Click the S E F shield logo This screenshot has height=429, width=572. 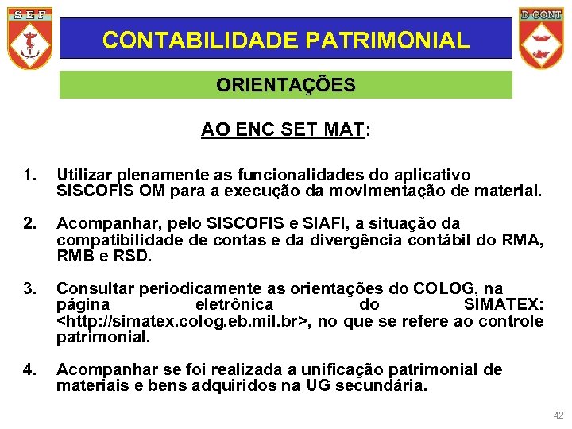pos(29,38)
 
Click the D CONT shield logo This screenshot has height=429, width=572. pos(541,38)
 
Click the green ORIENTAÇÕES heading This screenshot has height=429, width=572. pos(286,85)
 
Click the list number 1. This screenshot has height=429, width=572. pos(29,175)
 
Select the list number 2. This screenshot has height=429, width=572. pos(29,223)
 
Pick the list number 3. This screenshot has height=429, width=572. pos(29,288)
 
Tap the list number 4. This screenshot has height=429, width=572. pos(29,369)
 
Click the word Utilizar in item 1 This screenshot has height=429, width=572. pos(84,175)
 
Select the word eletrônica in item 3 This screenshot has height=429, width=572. pos(234,305)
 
